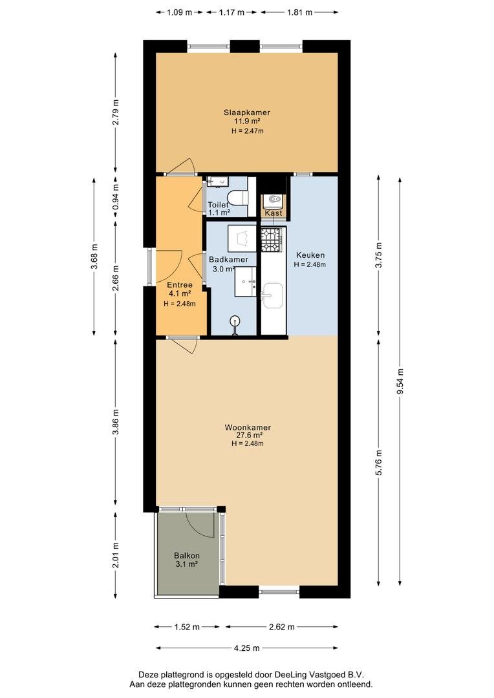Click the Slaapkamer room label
click(247, 112)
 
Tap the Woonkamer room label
click(247, 427)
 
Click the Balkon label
click(186, 555)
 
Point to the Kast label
click(273, 213)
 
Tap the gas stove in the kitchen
click(271, 238)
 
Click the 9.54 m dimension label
click(400, 377)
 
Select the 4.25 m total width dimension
click(247, 648)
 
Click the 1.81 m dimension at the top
click(299, 12)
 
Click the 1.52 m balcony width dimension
click(188, 627)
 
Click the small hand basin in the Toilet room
click(214, 182)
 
